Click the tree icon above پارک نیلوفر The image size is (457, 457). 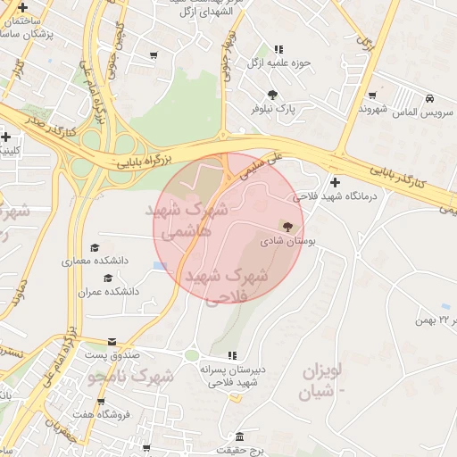pos(272,95)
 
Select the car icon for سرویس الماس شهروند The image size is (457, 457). pos(430,98)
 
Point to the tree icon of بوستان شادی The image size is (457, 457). pos(287,227)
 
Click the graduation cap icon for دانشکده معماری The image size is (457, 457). pos(95,248)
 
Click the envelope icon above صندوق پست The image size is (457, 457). pos(112,342)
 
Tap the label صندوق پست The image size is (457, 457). pos(112,355)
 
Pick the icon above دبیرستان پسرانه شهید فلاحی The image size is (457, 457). pos(232,355)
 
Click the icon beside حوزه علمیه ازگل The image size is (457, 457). pos(278,49)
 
